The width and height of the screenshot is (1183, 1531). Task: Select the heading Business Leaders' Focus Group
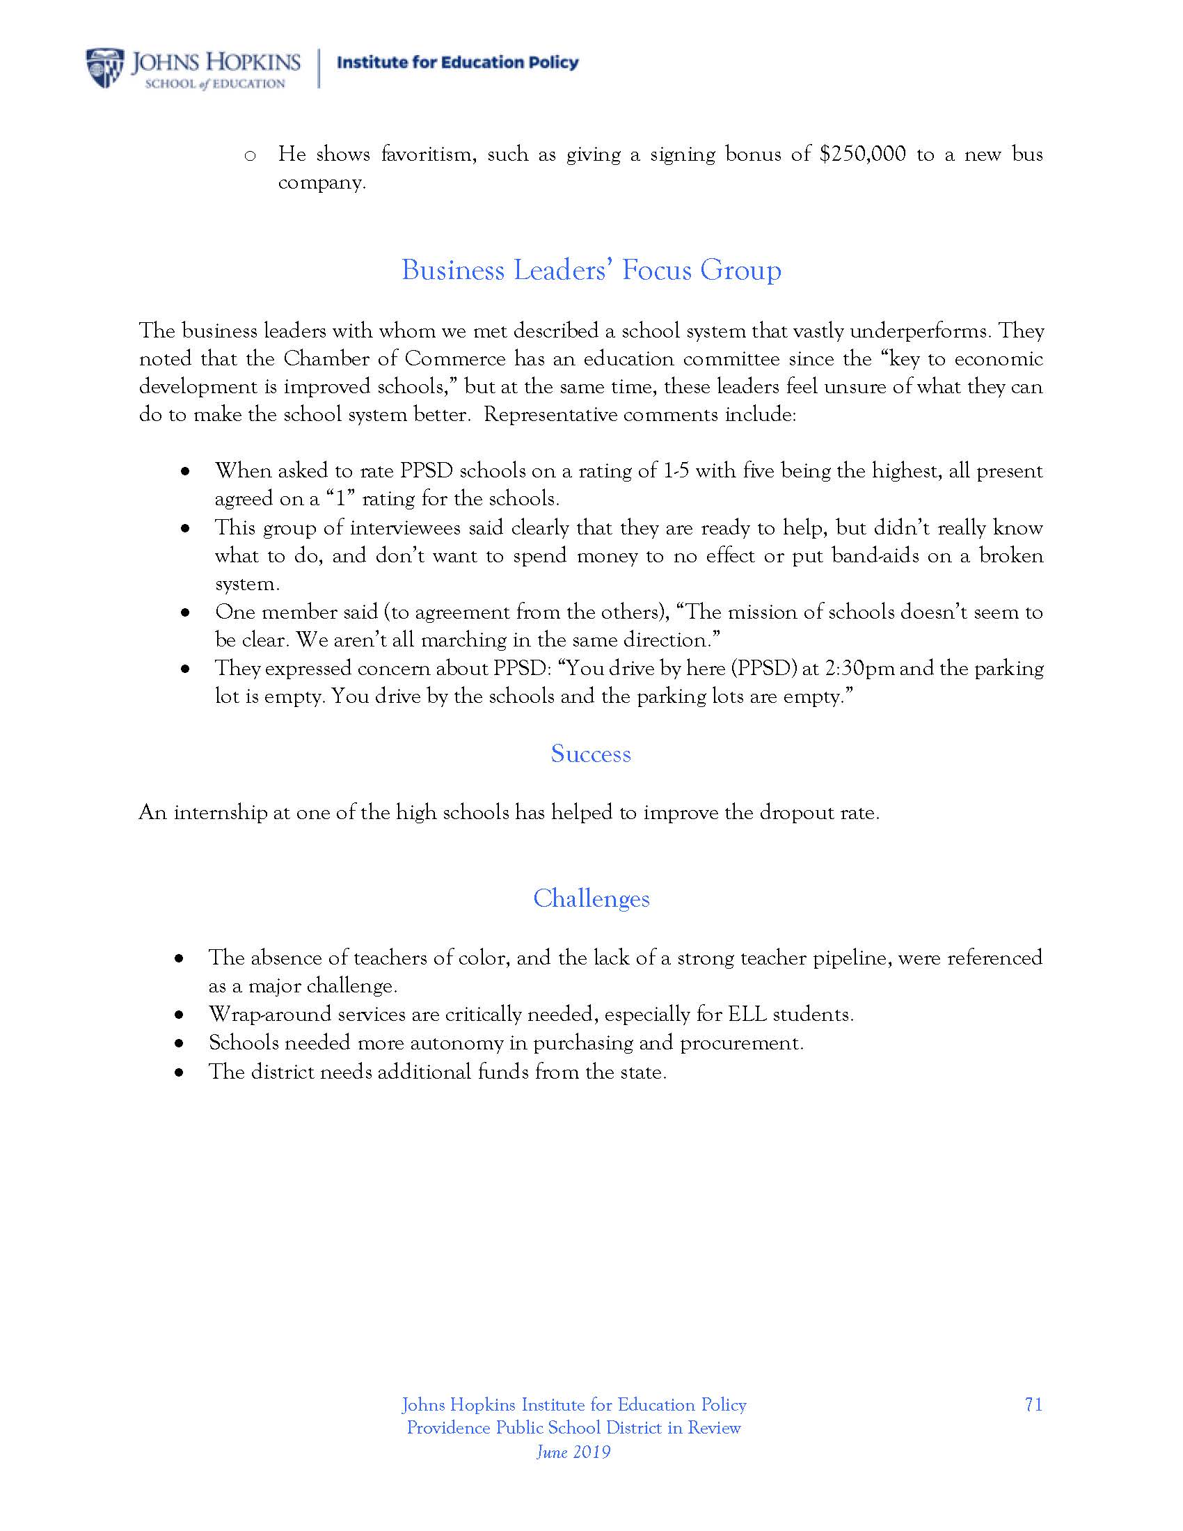[x=591, y=271]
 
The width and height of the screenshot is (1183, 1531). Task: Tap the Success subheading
[x=591, y=754]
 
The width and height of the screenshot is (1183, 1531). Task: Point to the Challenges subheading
[x=591, y=898]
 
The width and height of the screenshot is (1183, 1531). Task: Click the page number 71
[x=1033, y=1405]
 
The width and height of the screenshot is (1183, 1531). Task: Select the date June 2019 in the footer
[x=573, y=1452]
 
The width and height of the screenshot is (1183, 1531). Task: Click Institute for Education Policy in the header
[x=458, y=63]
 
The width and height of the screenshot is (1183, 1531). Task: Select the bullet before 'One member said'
[x=186, y=612]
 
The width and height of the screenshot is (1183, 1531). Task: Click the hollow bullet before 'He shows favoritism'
[x=249, y=155]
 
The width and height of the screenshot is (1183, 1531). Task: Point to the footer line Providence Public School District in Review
[x=573, y=1428]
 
